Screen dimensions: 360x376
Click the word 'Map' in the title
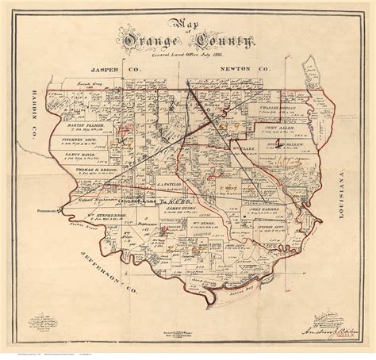(x=187, y=21)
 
